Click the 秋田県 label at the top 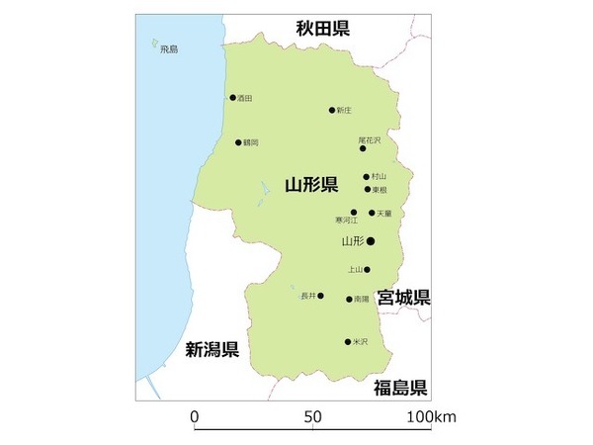click(x=323, y=28)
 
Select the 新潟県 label click(x=212, y=348)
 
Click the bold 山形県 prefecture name click(x=311, y=184)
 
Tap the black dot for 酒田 click(x=233, y=98)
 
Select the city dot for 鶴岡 click(x=238, y=142)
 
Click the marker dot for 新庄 click(x=332, y=111)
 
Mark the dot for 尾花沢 click(x=363, y=148)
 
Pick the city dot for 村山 click(x=367, y=177)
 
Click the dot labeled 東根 click(x=368, y=189)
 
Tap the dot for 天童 click(x=373, y=213)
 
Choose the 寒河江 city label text click(x=346, y=221)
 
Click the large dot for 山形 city click(x=371, y=240)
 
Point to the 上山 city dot click(x=367, y=269)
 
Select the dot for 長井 click(x=320, y=295)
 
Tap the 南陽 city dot click(x=349, y=299)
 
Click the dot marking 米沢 click(x=348, y=342)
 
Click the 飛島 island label click(x=169, y=49)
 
